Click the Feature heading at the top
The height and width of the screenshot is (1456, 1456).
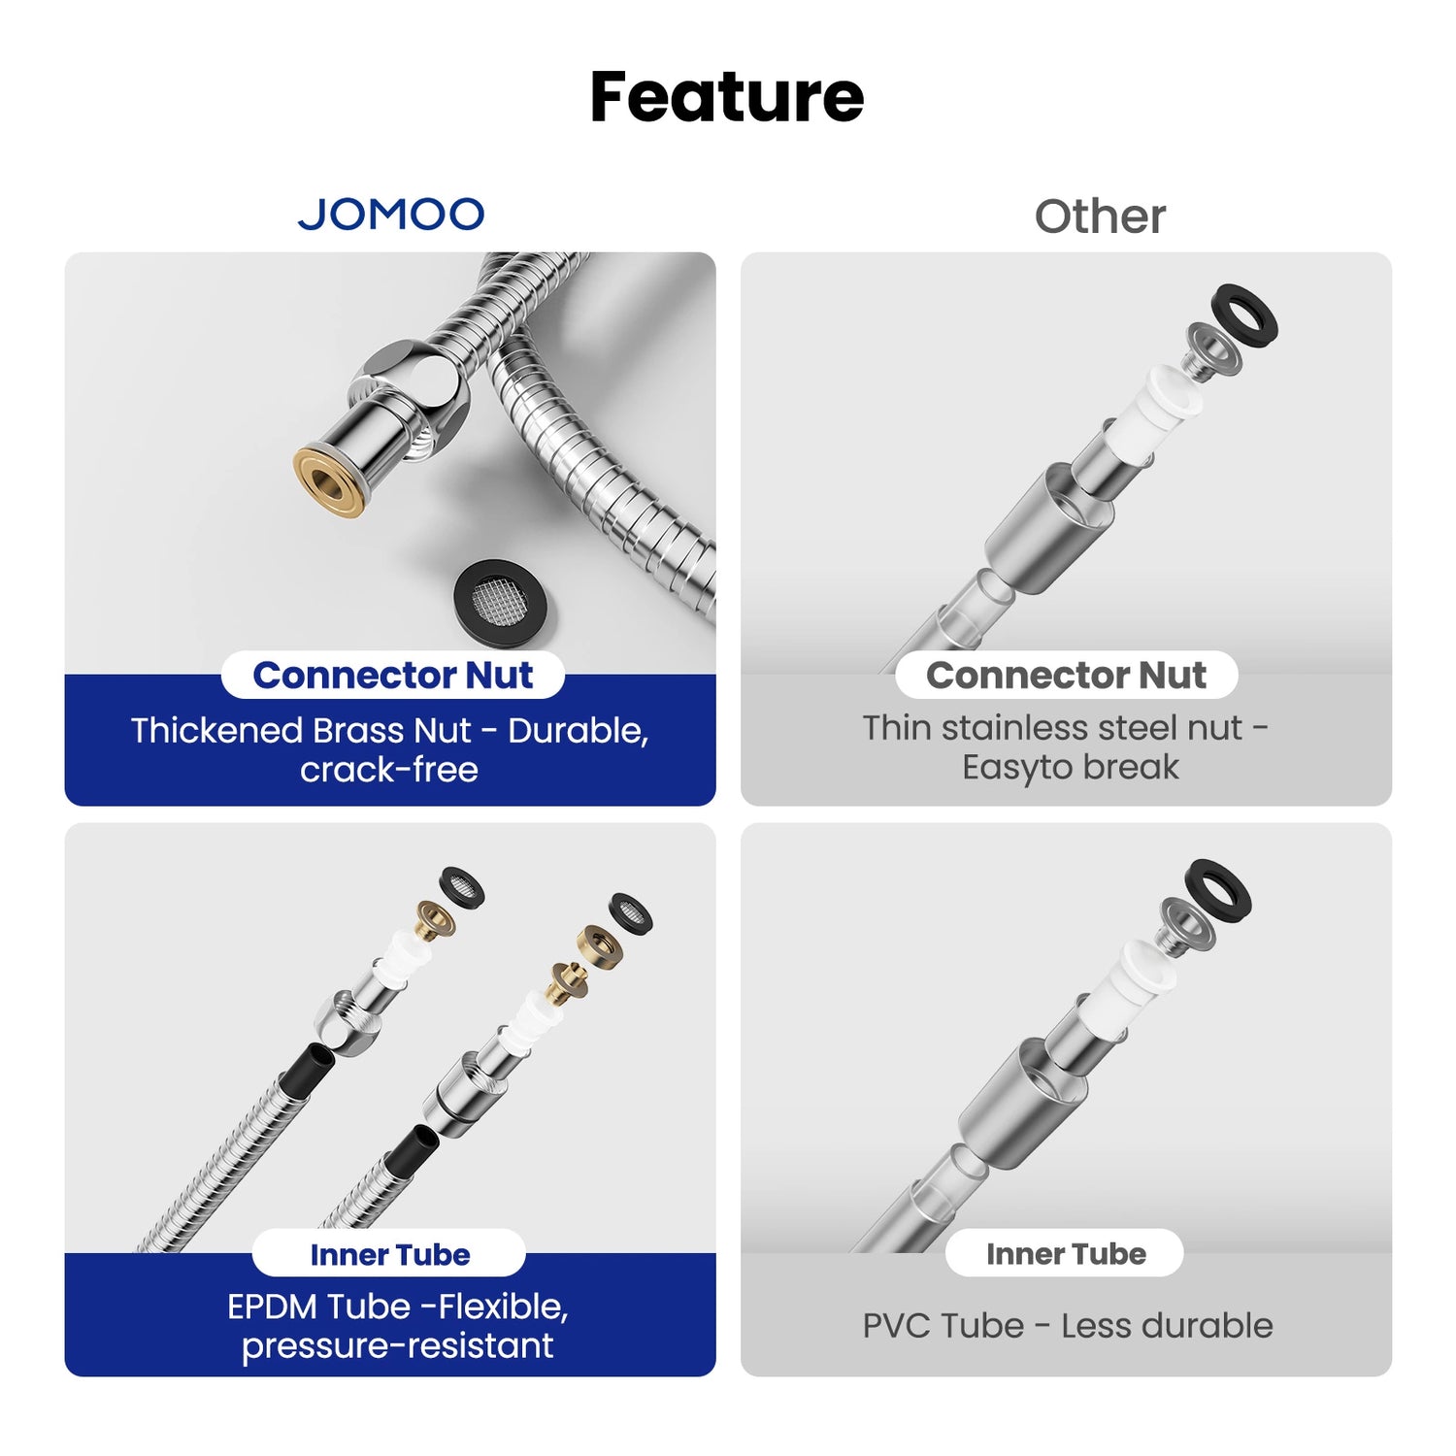726,97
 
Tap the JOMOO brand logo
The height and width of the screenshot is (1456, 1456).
390,215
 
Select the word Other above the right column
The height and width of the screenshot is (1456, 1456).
1100,216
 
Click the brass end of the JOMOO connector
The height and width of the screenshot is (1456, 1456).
331,480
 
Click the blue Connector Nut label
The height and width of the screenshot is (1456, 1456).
392,676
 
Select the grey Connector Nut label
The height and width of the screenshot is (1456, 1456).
1066,676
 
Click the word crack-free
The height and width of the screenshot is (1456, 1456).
388,770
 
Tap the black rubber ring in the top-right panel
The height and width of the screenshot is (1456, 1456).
1245,317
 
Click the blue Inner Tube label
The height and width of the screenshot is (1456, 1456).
389,1254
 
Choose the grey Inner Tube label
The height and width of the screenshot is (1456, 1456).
1066,1254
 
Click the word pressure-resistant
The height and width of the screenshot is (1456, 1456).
397,1346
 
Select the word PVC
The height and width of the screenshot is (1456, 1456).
895,1326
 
